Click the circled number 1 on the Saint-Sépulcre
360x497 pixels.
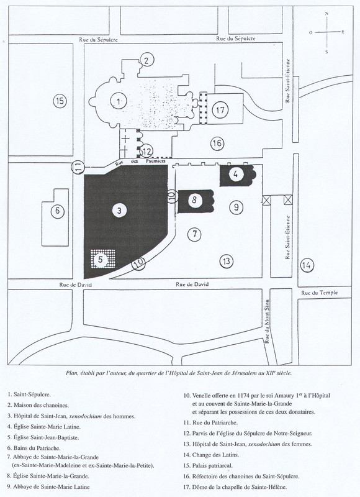118,101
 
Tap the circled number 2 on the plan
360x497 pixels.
146,60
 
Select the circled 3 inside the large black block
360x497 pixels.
119,211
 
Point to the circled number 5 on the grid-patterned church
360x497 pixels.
101,260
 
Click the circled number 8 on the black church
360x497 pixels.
194,200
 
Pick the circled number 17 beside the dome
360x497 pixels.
220,111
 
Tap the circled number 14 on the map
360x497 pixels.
307,265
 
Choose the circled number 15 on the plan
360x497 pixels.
60,101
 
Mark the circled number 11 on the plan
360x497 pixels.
78,167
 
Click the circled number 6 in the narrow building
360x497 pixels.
57,211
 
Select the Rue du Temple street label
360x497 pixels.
319,293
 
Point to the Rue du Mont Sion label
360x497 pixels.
267,321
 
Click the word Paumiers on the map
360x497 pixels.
155,161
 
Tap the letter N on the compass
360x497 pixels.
326,13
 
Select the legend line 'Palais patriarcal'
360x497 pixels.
208,465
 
